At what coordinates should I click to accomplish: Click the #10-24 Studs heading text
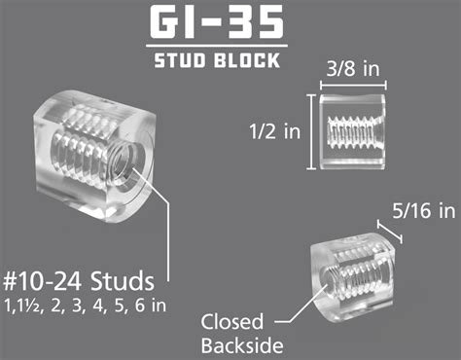click(x=78, y=283)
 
